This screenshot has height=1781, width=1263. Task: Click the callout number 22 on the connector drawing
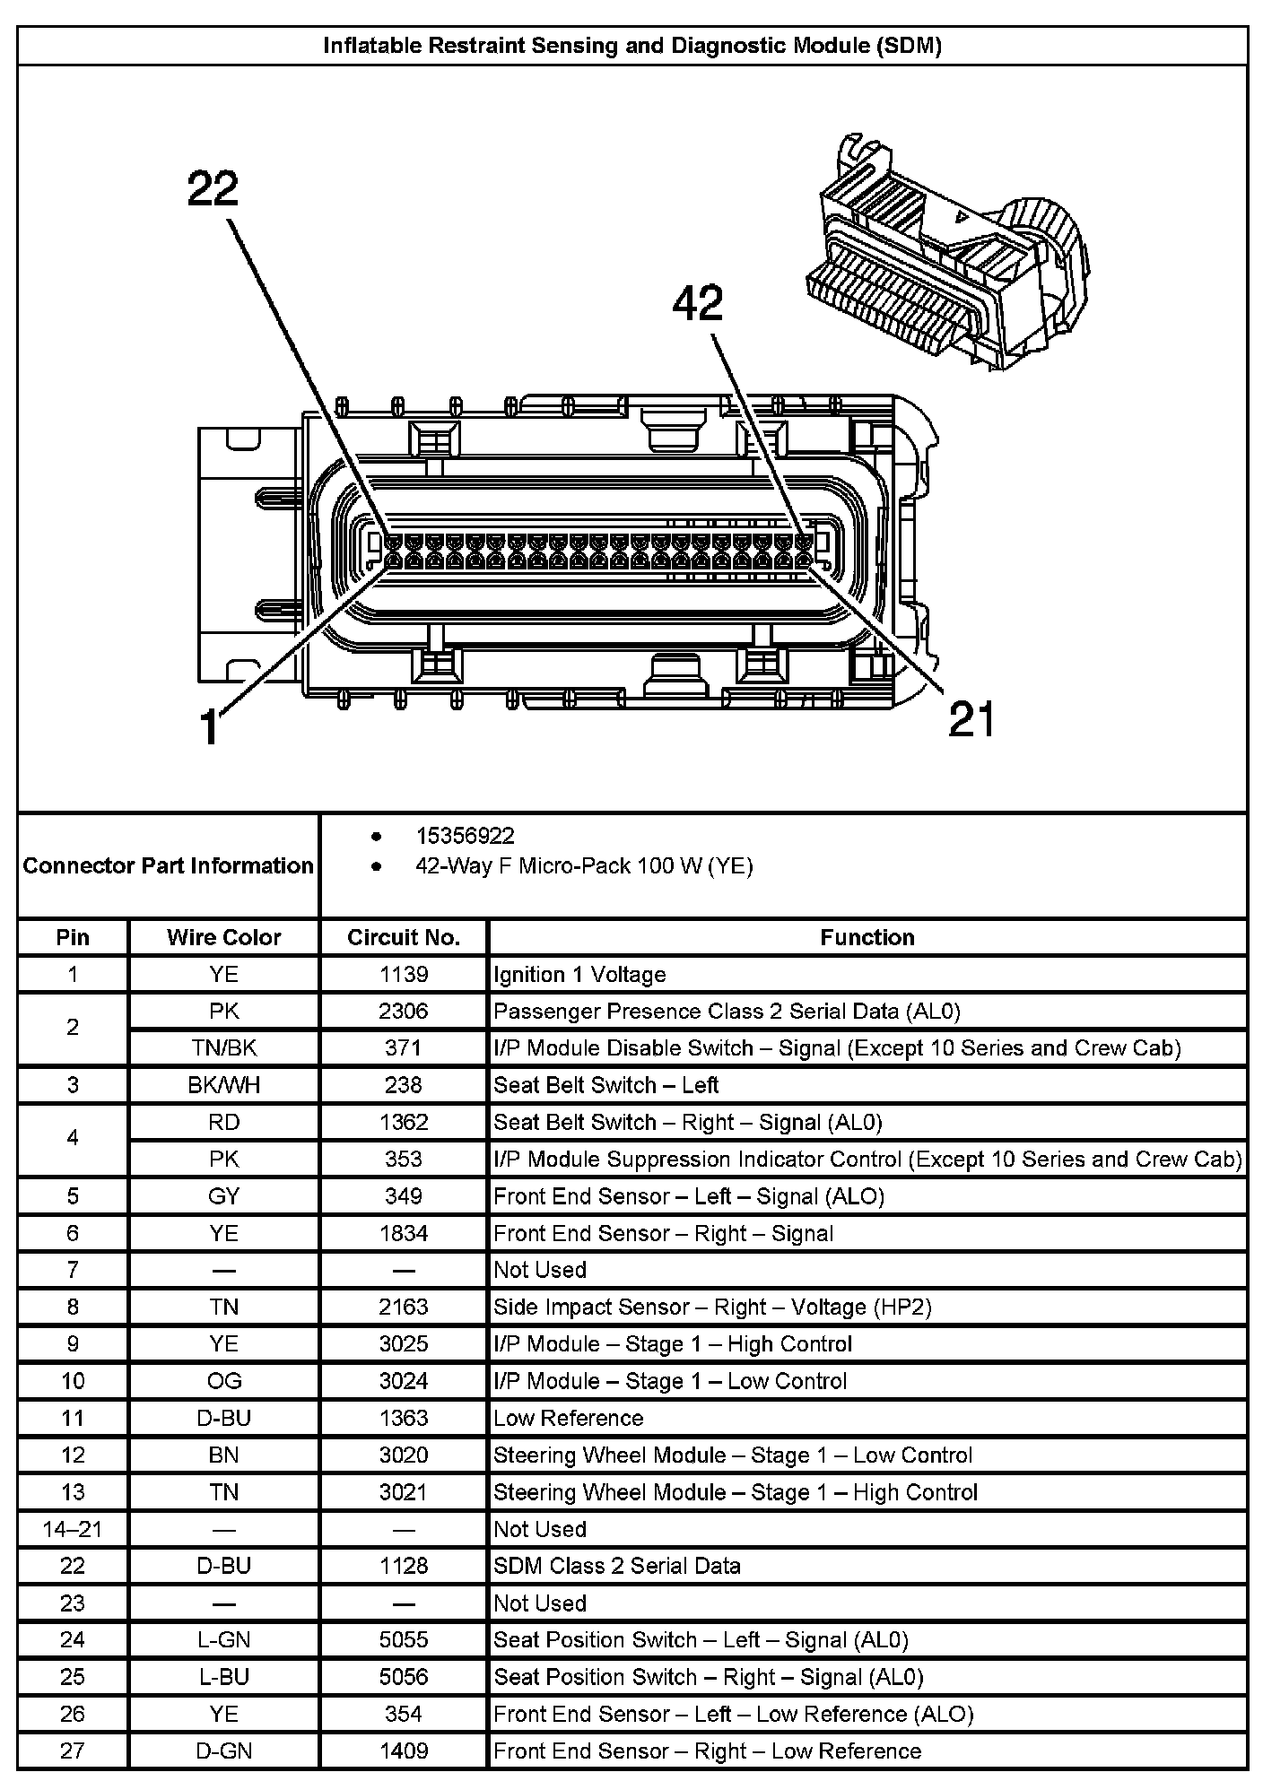tap(213, 189)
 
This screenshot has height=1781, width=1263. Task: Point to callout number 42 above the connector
tap(698, 304)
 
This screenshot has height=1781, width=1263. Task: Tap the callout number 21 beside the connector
tap(971, 719)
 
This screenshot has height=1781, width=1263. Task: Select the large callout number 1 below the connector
tap(209, 726)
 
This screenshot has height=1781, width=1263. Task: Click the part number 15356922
tap(465, 836)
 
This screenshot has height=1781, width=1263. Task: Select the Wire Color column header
tap(223, 937)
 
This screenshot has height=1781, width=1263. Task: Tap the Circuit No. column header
tap(404, 937)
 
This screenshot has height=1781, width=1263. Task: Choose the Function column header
tap(867, 937)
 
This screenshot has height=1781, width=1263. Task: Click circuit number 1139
tap(404, 974)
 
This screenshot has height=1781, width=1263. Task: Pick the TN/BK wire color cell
tap(223, 1047)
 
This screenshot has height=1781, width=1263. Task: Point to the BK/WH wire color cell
tap(223, 1085)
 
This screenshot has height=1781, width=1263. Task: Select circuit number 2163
tap(404, 1307)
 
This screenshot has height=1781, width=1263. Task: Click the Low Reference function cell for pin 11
tap(569, 1418)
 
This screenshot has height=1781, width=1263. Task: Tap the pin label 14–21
tap(73, 1529)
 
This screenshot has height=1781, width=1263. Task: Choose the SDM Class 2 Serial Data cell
tap(617, 1566)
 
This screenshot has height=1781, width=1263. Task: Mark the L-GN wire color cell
tap(223, 1640)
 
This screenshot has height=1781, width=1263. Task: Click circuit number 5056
tap(404, 1677)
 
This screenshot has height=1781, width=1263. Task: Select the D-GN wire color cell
tap(223, 1751)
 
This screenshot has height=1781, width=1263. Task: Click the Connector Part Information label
tap(168, 865)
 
